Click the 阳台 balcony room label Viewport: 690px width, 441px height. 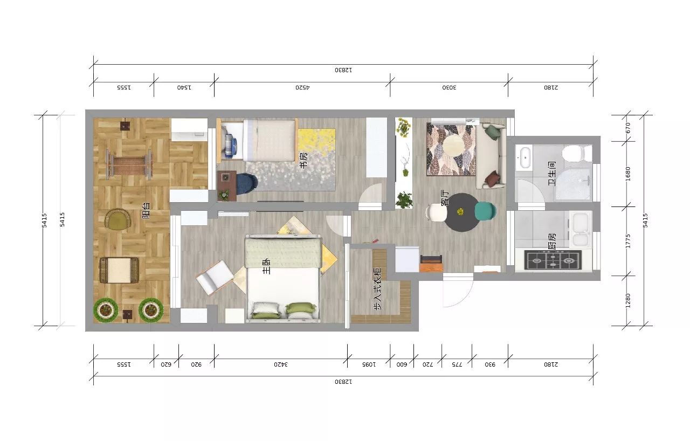146,210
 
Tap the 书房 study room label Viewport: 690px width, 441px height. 303,160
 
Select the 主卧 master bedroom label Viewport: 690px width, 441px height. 266,266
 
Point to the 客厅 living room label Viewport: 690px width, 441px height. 445,198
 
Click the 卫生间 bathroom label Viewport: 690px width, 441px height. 551,174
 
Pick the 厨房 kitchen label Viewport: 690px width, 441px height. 552,241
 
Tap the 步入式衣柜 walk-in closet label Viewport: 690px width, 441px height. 377,288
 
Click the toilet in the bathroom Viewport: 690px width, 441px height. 577,153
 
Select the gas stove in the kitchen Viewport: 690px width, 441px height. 553,260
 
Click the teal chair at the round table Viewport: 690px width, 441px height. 485,211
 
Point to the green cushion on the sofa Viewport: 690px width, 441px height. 493,132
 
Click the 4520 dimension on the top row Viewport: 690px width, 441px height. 302,87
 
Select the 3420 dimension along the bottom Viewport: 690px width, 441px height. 281,364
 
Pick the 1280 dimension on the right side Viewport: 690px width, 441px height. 628,301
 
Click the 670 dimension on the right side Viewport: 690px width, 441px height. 628,128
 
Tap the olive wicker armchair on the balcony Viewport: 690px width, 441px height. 118,219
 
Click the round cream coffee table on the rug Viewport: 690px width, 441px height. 453,146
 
